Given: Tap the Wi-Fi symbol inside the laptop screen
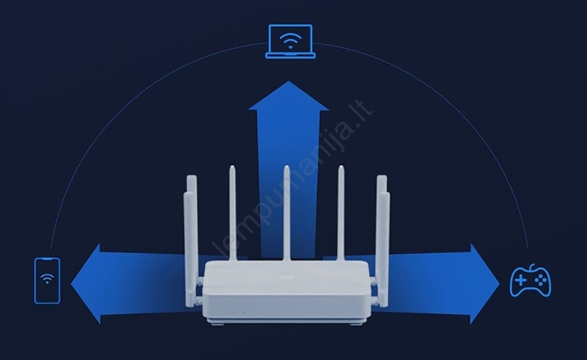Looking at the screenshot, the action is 291,40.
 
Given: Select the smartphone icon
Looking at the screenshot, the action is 47,281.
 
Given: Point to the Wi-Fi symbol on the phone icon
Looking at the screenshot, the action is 47,278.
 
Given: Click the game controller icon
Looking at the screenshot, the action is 531,281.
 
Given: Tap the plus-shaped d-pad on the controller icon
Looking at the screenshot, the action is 521,280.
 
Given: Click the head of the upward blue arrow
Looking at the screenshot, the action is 289,97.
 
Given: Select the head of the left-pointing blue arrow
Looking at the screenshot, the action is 86,283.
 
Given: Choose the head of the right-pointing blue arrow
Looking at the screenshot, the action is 485,283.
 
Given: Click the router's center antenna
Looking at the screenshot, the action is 286,213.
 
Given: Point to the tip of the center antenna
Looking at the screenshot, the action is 286,166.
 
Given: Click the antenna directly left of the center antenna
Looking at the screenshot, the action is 232,213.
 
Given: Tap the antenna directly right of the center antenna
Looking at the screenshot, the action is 341,213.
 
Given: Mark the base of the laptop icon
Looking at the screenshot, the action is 291,56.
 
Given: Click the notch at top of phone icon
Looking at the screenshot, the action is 47,259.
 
